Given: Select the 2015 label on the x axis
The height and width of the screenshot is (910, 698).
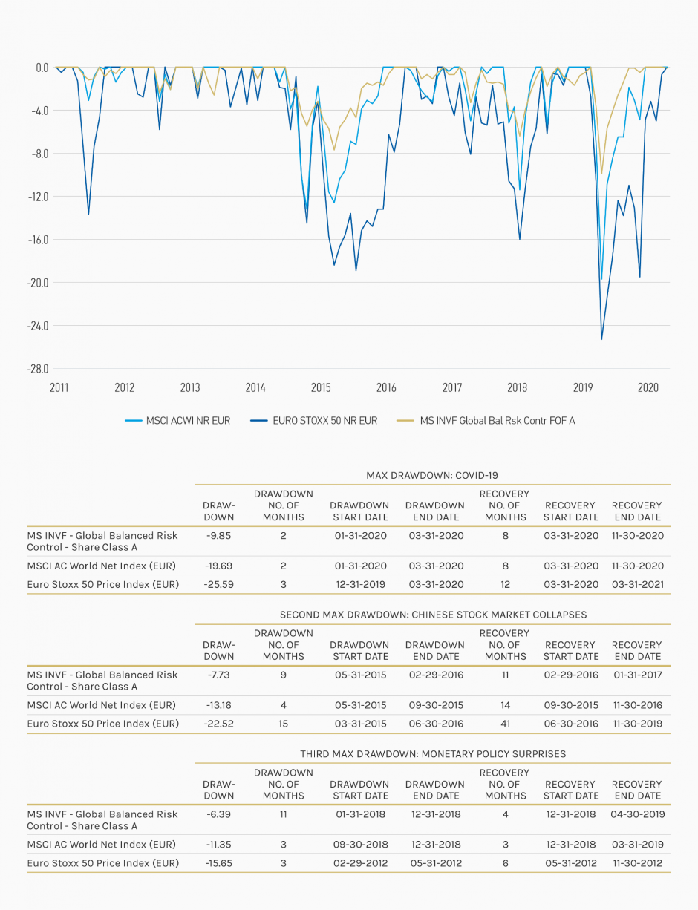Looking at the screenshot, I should pos(321,387).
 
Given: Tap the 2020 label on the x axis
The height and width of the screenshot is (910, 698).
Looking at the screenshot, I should pos(648,387).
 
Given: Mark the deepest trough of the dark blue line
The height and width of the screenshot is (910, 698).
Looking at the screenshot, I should pos(601,339).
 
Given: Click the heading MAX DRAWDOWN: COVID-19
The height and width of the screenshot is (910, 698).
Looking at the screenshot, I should pos(432,475).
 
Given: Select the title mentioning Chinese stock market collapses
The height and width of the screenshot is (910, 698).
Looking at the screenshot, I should pos(433,615).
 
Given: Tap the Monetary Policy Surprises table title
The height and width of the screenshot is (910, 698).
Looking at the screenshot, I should pos(433,754).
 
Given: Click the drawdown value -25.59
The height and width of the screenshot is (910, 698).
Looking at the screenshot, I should pos(218,585).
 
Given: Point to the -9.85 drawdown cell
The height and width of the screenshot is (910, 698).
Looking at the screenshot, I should pos(218,536).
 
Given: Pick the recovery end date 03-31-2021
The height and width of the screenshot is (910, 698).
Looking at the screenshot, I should pos(638,585).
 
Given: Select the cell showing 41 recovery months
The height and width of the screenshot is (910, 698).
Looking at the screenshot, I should pos(505,724).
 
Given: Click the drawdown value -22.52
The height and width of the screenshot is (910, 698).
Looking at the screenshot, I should pos(218,724).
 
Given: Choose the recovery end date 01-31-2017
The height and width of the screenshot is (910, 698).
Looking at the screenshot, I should pos(638,675).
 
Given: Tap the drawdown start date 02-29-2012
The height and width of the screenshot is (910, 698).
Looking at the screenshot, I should pos(360,863).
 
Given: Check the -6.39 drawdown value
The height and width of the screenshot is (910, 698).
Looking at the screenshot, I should pos(218,814).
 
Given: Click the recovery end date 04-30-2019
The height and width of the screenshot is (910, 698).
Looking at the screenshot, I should pos(638,814).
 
